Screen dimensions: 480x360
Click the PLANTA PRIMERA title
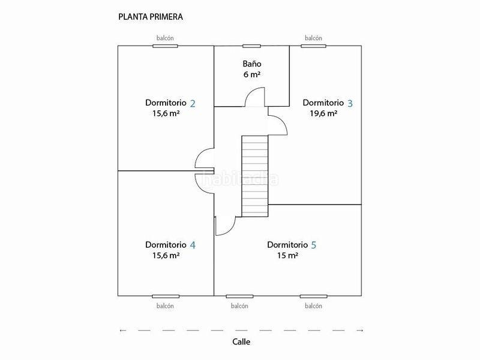151,17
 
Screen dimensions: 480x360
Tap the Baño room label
252,64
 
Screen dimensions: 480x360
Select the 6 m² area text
252,74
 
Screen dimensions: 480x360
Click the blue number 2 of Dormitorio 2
193,103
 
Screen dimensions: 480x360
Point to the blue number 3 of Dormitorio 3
350,103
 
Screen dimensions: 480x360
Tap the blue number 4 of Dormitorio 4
193,245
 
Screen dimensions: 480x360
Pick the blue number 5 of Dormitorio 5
314,245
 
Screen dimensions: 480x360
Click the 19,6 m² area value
323,113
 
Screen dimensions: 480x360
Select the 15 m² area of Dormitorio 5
288,256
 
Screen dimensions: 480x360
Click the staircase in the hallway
255,176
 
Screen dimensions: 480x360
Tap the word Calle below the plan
241,341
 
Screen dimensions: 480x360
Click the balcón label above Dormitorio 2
165,38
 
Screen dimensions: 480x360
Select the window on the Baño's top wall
251,46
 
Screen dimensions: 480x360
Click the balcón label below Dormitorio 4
165,306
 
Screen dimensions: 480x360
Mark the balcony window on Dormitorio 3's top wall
313,46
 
